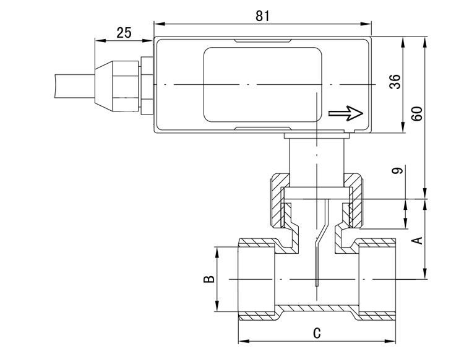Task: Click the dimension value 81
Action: (x=262, y=16)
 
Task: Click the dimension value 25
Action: (x=124, y=33)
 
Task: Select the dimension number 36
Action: (x=395, y=82)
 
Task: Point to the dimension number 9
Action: (x=397, y=171)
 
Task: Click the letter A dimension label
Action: (x=418, y=240)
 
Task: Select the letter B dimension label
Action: (x=209, y=279)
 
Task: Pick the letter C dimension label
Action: (x=317, y=333)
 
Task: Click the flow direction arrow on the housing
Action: (x=346, y=113)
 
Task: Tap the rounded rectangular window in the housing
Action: (x=263, y=85)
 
